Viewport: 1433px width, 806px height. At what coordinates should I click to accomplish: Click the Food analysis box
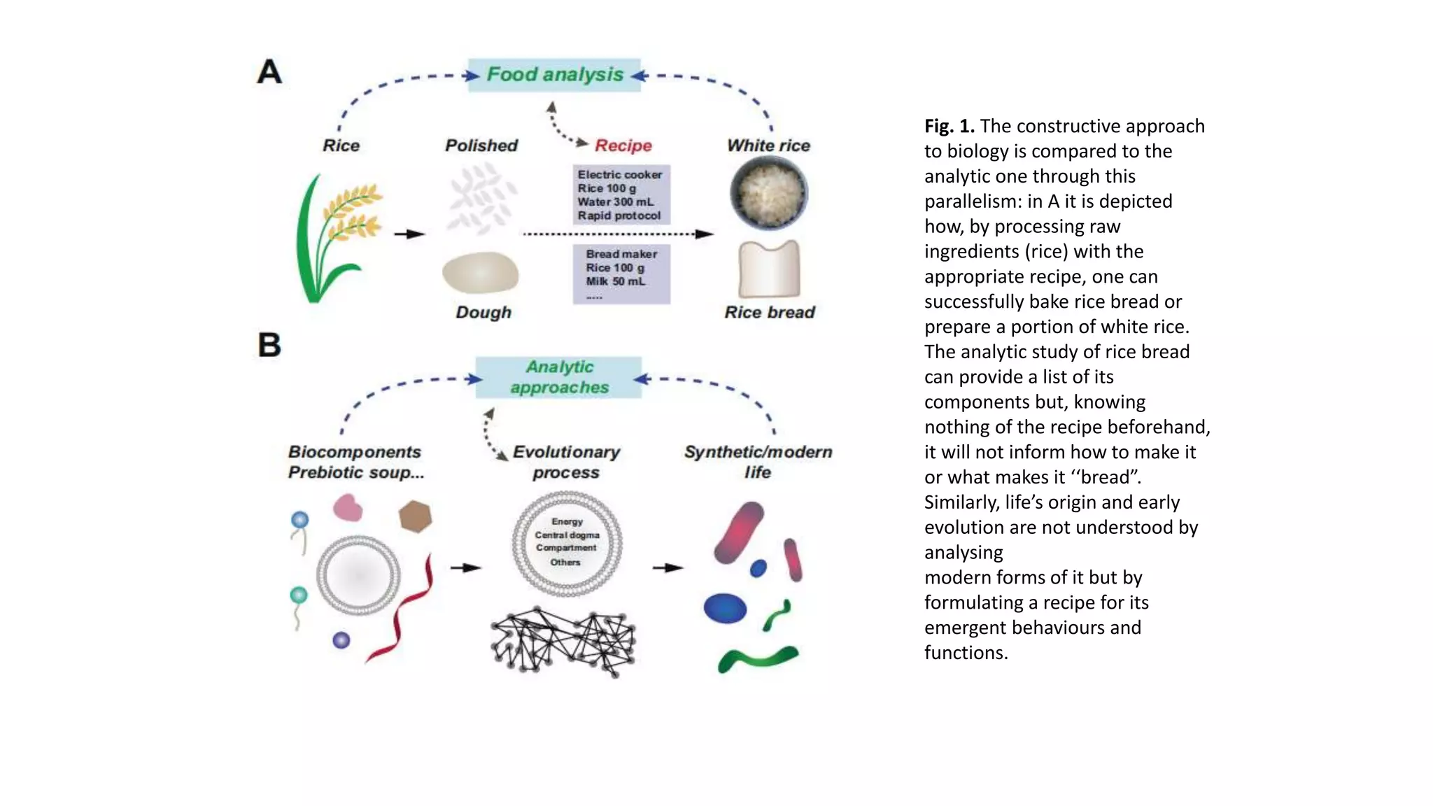(x=554, y=75)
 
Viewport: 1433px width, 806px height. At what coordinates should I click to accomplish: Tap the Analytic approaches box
(x=558, y=377)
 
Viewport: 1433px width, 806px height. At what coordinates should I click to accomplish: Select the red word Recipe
(x=623, y=146)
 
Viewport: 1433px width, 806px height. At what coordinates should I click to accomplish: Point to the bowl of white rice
(x=768, y=193)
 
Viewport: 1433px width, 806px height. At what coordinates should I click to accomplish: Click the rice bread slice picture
(x=769, y=269)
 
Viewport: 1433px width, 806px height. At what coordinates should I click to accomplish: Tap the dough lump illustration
(x=480, y=273)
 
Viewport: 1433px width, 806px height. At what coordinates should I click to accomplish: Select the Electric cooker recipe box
(x=621, y=195)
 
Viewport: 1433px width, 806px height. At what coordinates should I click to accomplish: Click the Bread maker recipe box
(x=621, y=274)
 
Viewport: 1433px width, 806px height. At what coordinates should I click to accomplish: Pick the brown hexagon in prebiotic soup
(x=415, y=516)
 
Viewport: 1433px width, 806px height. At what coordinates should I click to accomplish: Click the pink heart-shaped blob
(x=347, y=507)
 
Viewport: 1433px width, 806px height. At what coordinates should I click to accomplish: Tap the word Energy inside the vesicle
(x=567, y=521)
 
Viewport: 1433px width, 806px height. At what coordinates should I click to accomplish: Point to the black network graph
(x=563, y=641)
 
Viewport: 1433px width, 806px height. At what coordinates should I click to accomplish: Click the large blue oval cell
(x=725, y=608)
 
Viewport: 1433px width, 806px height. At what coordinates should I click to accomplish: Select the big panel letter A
(x=269, y=72)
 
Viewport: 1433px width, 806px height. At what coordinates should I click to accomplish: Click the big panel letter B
(x=269, y=345)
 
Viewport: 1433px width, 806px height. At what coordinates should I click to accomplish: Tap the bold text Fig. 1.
(x=949, y=126)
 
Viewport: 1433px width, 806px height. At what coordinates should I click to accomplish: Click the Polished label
(x=481, y=146)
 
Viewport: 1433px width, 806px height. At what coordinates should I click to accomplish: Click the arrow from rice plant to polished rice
(x=410, y=234)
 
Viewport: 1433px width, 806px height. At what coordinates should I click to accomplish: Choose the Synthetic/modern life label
(x=758, y=462)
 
